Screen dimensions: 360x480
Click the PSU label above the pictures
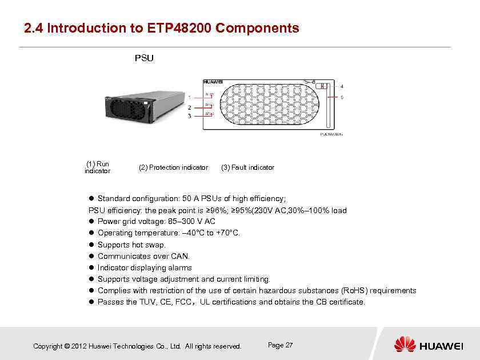point(143,58)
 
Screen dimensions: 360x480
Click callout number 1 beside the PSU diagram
point(189,98)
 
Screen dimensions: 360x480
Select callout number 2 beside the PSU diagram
point(189,107)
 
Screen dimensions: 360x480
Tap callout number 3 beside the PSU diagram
point(189,116)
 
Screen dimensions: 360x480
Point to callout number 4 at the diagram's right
point(342,87)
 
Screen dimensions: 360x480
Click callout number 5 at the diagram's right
point(342,98)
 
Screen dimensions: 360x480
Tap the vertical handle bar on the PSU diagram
point(327,106)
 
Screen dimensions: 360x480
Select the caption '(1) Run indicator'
point(97,167)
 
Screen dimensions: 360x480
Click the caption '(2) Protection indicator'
point(173,167)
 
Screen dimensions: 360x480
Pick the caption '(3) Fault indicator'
point(247,167)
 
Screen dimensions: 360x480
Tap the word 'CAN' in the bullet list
point(180,256)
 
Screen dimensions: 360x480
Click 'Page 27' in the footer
point(280,345)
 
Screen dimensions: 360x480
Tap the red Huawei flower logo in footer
point(405,345)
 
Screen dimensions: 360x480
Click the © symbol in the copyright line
point(67,346)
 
